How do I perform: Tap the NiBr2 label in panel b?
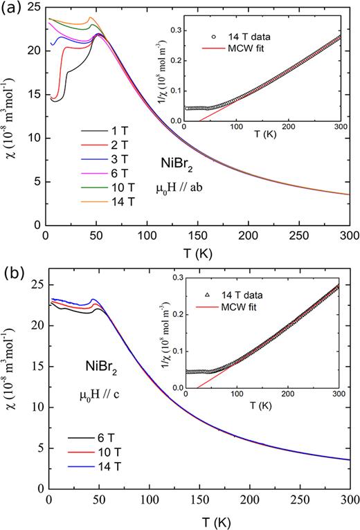click(x=102, y=372)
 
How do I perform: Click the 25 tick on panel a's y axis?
click(x=34, y=6)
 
